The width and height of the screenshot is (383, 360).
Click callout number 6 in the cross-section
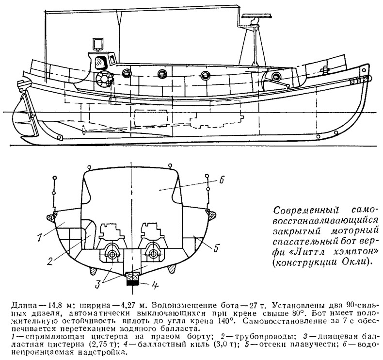pos(221,180)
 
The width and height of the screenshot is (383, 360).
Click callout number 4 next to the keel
pos(155,285)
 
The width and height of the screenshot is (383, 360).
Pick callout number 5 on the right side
pos(215,248)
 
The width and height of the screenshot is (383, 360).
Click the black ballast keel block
pos(133,282)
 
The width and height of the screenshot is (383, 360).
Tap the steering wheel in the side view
pos(104,79)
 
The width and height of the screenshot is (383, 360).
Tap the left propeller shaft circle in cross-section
pos(112,254)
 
